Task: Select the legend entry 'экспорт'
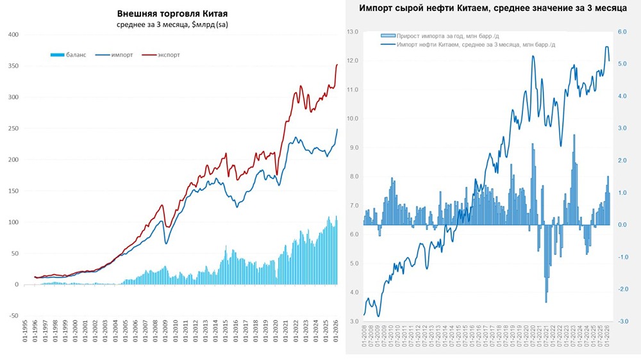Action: point(169,55)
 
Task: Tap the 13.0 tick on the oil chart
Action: point(352,31)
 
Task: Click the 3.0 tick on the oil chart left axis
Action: point(352,321)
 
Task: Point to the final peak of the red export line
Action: point(338,65)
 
